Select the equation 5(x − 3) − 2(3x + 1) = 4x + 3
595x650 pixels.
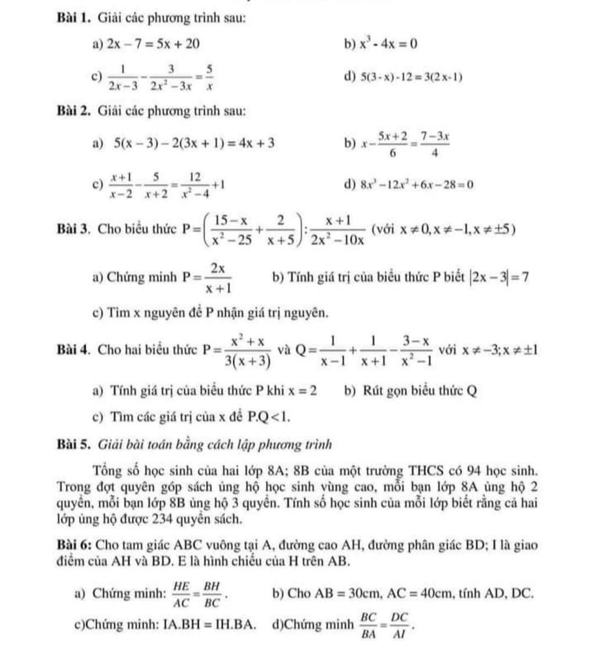point(195,142)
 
